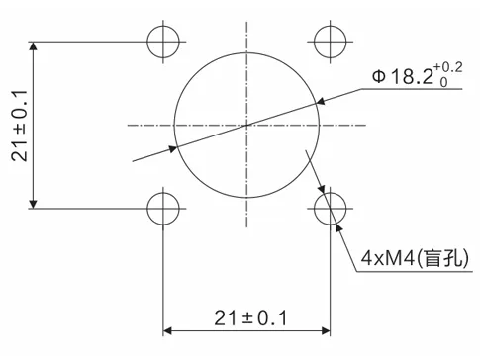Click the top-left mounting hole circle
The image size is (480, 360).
[147, 42]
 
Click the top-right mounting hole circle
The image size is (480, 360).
[314, 42]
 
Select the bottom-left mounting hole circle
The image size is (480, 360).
[147, 209]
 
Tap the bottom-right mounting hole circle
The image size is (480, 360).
[314, 209]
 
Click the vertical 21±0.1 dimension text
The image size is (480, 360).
[20, 126]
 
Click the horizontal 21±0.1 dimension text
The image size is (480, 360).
[250, 318]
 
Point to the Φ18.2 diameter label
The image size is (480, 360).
[403, 77]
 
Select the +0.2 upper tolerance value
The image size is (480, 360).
[448, 67]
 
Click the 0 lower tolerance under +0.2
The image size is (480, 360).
[443, 82]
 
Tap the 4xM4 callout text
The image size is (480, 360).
[388, 258]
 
